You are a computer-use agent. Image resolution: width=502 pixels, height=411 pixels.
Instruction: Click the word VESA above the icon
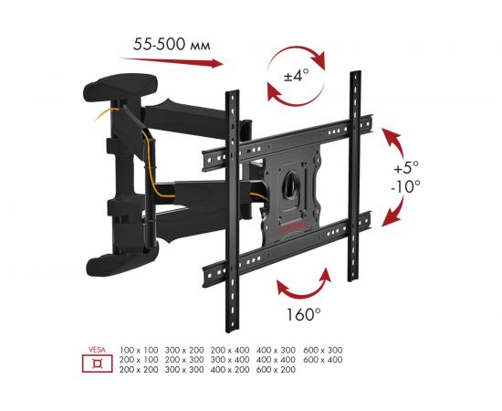(x=93, y=349)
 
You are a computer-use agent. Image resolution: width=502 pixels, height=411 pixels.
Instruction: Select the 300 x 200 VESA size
(x=183, y=350)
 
